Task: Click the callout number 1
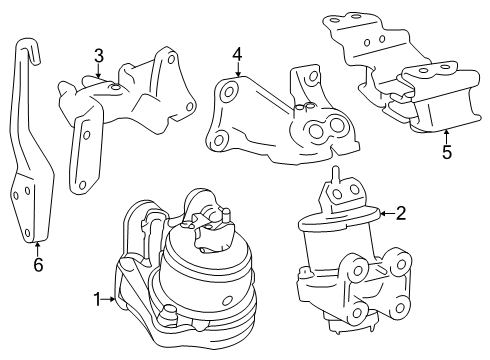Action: (97, 299)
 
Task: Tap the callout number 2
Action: (401, 213)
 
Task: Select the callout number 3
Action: (99, 56)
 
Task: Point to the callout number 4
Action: (237, 54)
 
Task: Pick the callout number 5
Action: (447, 152)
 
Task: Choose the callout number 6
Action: (38, 265)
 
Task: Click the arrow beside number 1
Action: (108, 299)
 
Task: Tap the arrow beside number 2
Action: (387, 213)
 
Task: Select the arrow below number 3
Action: (98, 71)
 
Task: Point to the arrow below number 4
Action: (238, 69)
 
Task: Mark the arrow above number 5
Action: (446, 137)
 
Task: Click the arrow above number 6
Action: (38, 249)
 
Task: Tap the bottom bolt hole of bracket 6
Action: (27, 232)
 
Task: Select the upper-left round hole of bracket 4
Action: (228, 92)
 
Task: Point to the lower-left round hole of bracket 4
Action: (218, 140)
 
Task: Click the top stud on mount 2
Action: (336, 174)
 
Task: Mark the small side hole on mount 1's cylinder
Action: (227, 301)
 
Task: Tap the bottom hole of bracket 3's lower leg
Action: (82, 184)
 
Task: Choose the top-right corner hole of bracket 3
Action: (171, 60)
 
